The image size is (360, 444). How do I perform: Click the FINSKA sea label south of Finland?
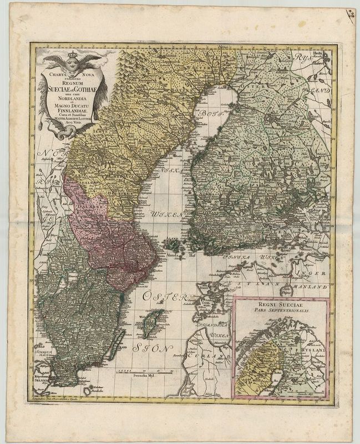(235, 258)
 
